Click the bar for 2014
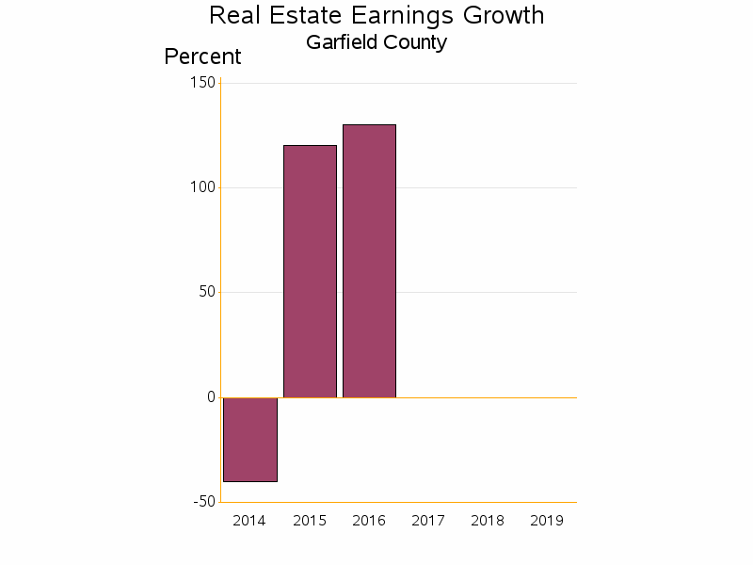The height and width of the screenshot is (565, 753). click(x=250, y=440)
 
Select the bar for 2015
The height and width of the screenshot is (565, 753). click(x=310, y=271)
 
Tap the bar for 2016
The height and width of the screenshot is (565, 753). click(x=369, y=261)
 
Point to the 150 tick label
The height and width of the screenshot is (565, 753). click(x=202, y=83)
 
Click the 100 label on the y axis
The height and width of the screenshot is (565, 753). click(x=202, y=187)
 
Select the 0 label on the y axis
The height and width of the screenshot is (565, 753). click(x=211, y=397)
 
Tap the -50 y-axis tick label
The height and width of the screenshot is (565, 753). click(x=204, y=502)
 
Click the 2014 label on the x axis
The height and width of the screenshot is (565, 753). click(x=249, y=521)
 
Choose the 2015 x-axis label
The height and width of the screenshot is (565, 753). click(x=310, y=521)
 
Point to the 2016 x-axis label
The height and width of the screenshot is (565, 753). click(x=369, y=521)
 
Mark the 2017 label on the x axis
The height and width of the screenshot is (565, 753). click(x=428, y=521)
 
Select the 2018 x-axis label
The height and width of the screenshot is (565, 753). click(x=488, y=521)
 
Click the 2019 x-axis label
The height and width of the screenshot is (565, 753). click(x=547, y=521)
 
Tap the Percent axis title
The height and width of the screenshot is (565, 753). click(x=202, y=56)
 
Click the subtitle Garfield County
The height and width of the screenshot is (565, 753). click(x=376, y=42)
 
